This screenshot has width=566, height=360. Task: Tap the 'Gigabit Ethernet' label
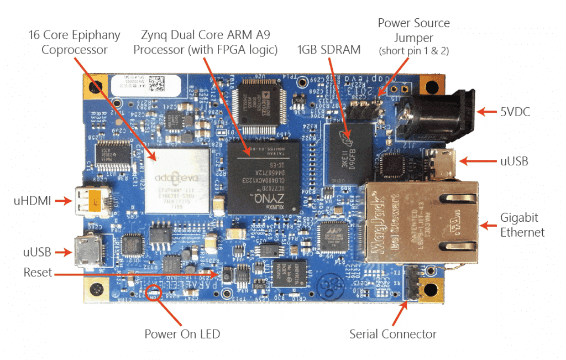[x=522, y=225]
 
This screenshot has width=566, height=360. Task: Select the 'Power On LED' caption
[x=182, y=334]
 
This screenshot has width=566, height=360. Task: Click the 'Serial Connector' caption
[x=392, y=334]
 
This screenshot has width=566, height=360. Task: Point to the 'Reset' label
[x=38, y=273]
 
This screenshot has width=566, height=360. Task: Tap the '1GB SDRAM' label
[x=329, y=50]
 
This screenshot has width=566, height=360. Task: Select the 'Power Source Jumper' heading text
[x=413, y=31]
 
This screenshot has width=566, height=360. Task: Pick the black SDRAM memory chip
[x=345, y=153]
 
